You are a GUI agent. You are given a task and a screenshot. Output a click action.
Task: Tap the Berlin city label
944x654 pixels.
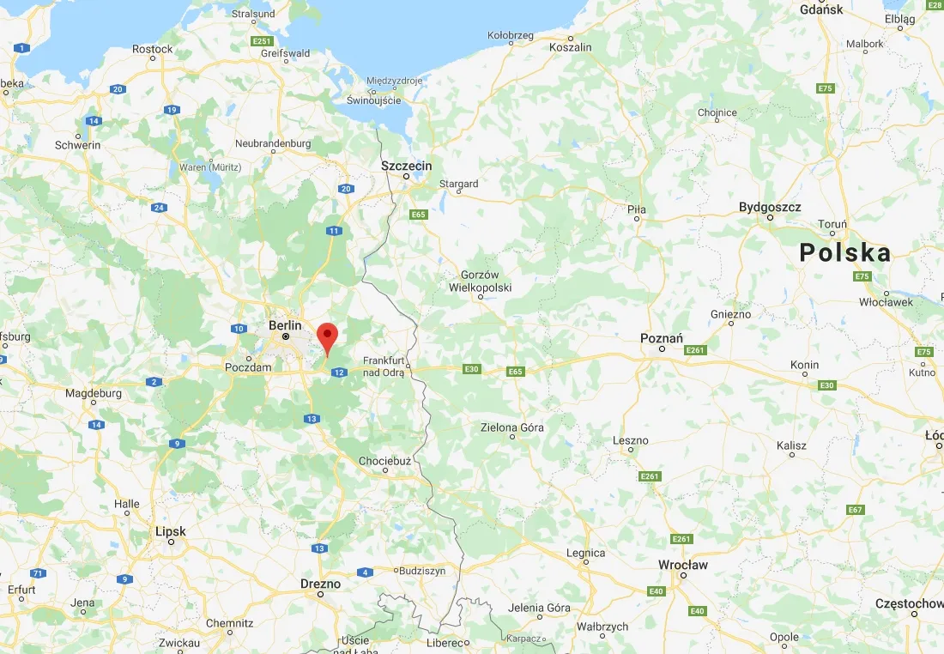click(285, 325)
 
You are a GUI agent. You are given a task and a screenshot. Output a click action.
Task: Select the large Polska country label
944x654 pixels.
click(844, 252)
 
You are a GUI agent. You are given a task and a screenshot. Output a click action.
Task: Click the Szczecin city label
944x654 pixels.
click(407, 166)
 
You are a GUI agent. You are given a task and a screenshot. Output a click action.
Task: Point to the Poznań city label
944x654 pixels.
click(662, 338)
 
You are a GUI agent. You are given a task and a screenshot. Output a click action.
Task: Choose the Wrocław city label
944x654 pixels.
click(682, 565)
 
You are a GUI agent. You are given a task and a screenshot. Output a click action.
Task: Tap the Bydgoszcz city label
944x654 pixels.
click(770, 207)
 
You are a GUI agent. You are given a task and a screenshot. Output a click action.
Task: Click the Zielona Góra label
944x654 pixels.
click(512, 427)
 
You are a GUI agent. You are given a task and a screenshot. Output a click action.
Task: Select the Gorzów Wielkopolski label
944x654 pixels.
click(480, 282)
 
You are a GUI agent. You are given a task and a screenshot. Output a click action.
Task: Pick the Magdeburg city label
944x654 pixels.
click(94, 393)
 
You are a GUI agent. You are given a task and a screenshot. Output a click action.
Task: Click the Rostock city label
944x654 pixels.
click(153, 49)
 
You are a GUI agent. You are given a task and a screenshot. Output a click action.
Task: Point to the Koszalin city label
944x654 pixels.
click(571, 47)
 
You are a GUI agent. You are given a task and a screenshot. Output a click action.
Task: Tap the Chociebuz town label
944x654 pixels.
click(384, 461)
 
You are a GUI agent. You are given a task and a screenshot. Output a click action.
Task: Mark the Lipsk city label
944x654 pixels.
click(171, 531)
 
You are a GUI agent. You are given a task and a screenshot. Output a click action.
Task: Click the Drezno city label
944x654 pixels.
click(320, 584)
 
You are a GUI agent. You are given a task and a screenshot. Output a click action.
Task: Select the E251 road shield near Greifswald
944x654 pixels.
click(262, 41)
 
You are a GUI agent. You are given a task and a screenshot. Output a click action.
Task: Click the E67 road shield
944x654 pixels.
click(854, 510)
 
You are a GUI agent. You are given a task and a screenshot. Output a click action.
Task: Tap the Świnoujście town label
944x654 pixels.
click(373, 100)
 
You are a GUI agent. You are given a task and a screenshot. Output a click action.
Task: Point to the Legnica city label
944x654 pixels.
click(586, 554)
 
